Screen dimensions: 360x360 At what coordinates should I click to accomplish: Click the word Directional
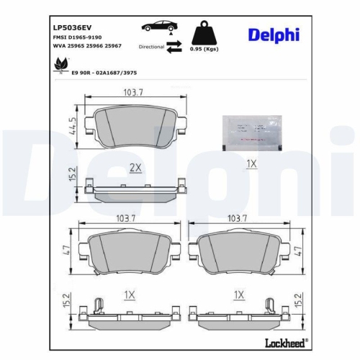coord(150,45)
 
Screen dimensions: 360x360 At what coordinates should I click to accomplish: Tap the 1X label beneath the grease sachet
coord(251,164)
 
